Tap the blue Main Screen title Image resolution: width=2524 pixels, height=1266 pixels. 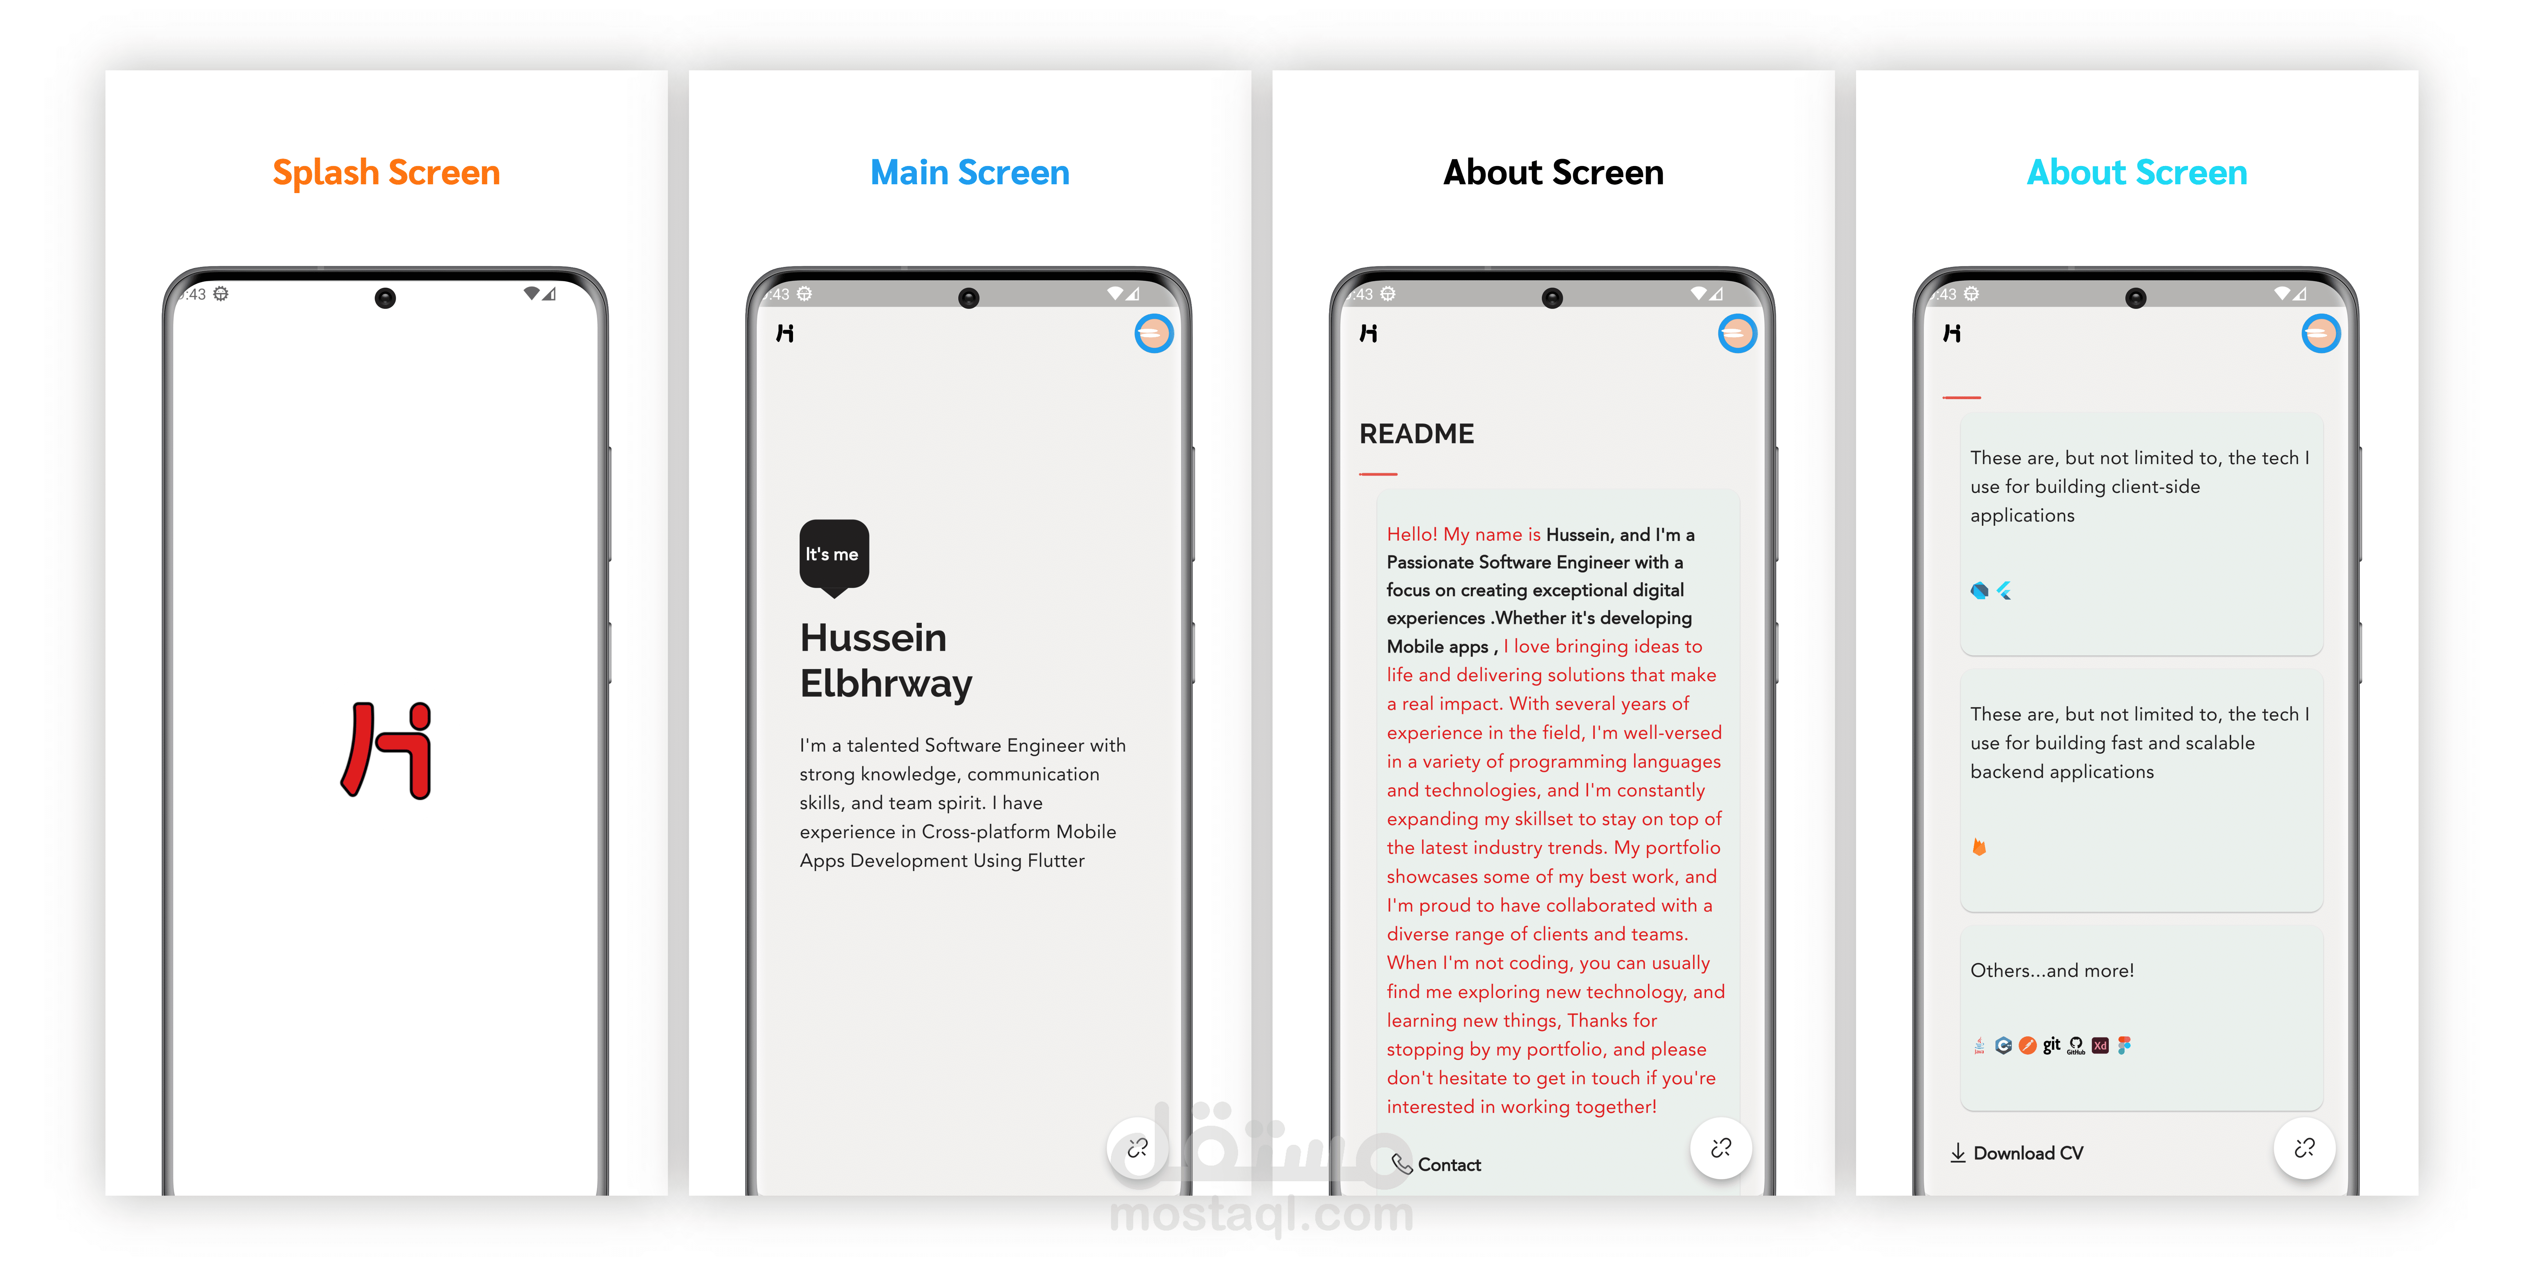tap(970, 172)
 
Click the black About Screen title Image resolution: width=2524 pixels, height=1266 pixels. tap(1553, 172)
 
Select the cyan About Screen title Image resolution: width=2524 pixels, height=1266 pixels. tap(2137, 172)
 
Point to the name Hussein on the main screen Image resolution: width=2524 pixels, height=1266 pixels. tap(873, 638)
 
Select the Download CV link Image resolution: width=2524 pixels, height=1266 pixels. tap(2016, 1153)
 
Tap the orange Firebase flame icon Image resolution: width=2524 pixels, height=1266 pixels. tap(1979, 846)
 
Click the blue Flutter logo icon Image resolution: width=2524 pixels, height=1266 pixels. tap(2004, 590)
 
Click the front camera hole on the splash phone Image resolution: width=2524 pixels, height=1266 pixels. tap(385, 298)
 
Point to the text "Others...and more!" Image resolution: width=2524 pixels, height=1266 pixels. tap(2052, 970)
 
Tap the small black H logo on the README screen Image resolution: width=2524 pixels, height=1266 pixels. tap(1369, 333)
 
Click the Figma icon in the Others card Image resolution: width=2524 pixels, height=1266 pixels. tap(2123, 1046)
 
